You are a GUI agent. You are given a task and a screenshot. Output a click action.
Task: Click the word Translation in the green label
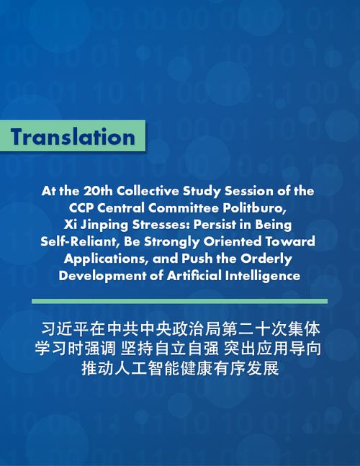pyautogui.click(x=73, y=137)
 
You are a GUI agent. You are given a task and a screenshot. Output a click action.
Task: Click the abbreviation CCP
pyautogui.click(x=81, y=208)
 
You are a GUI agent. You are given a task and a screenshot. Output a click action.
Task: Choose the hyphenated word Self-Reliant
pyautogui.click(x=78, y=241)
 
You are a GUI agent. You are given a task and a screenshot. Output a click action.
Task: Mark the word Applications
pyautogui.click(x=106, y=259)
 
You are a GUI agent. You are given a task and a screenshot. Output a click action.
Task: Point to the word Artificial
pyautogui.click(x=194, y=276)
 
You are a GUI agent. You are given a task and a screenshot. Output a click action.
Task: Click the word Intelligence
pyautogui.click(x=263, y=276)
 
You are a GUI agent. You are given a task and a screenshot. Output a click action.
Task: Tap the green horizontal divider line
pyautogui.click(x=180, y=301)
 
